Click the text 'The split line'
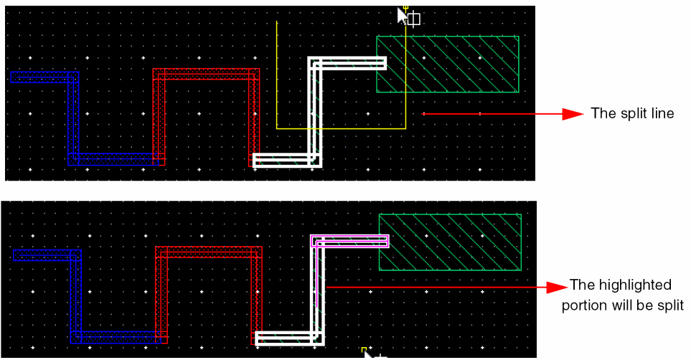pos(632,113)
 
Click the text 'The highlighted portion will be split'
pos(622,295)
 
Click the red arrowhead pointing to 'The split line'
pos(573,114)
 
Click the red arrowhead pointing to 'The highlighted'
pos(557,288)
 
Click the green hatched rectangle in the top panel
pos(448,65)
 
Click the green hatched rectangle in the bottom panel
pos(450,242)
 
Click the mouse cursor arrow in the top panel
pos(402,16)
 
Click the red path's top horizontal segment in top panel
pos(206,74)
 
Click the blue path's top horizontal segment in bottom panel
pos(47,255)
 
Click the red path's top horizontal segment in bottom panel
pos(208,252)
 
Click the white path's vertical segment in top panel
pos(315,112)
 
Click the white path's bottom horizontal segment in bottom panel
pos(290,338)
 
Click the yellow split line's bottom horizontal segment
pos(341,128)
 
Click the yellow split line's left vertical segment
pos(277,75)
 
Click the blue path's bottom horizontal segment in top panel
pos(113,159)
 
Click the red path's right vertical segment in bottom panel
pos(256,295)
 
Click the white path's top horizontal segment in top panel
pos(347,63)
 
